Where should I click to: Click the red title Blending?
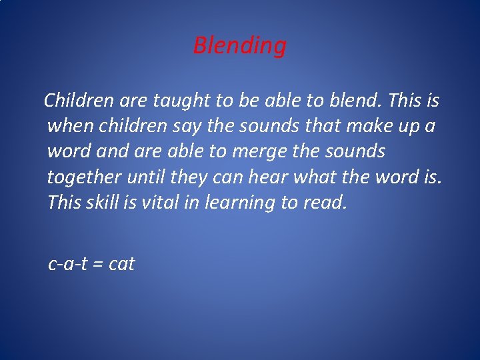click(240, 46)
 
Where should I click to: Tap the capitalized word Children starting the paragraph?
click(79, 101)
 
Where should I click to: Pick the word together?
click(84, 177)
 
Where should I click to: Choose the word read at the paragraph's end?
click(326, 202)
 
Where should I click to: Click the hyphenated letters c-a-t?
click(68, 264)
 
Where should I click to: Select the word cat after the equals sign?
click(121, 264)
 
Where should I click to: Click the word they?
click(192, 177)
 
